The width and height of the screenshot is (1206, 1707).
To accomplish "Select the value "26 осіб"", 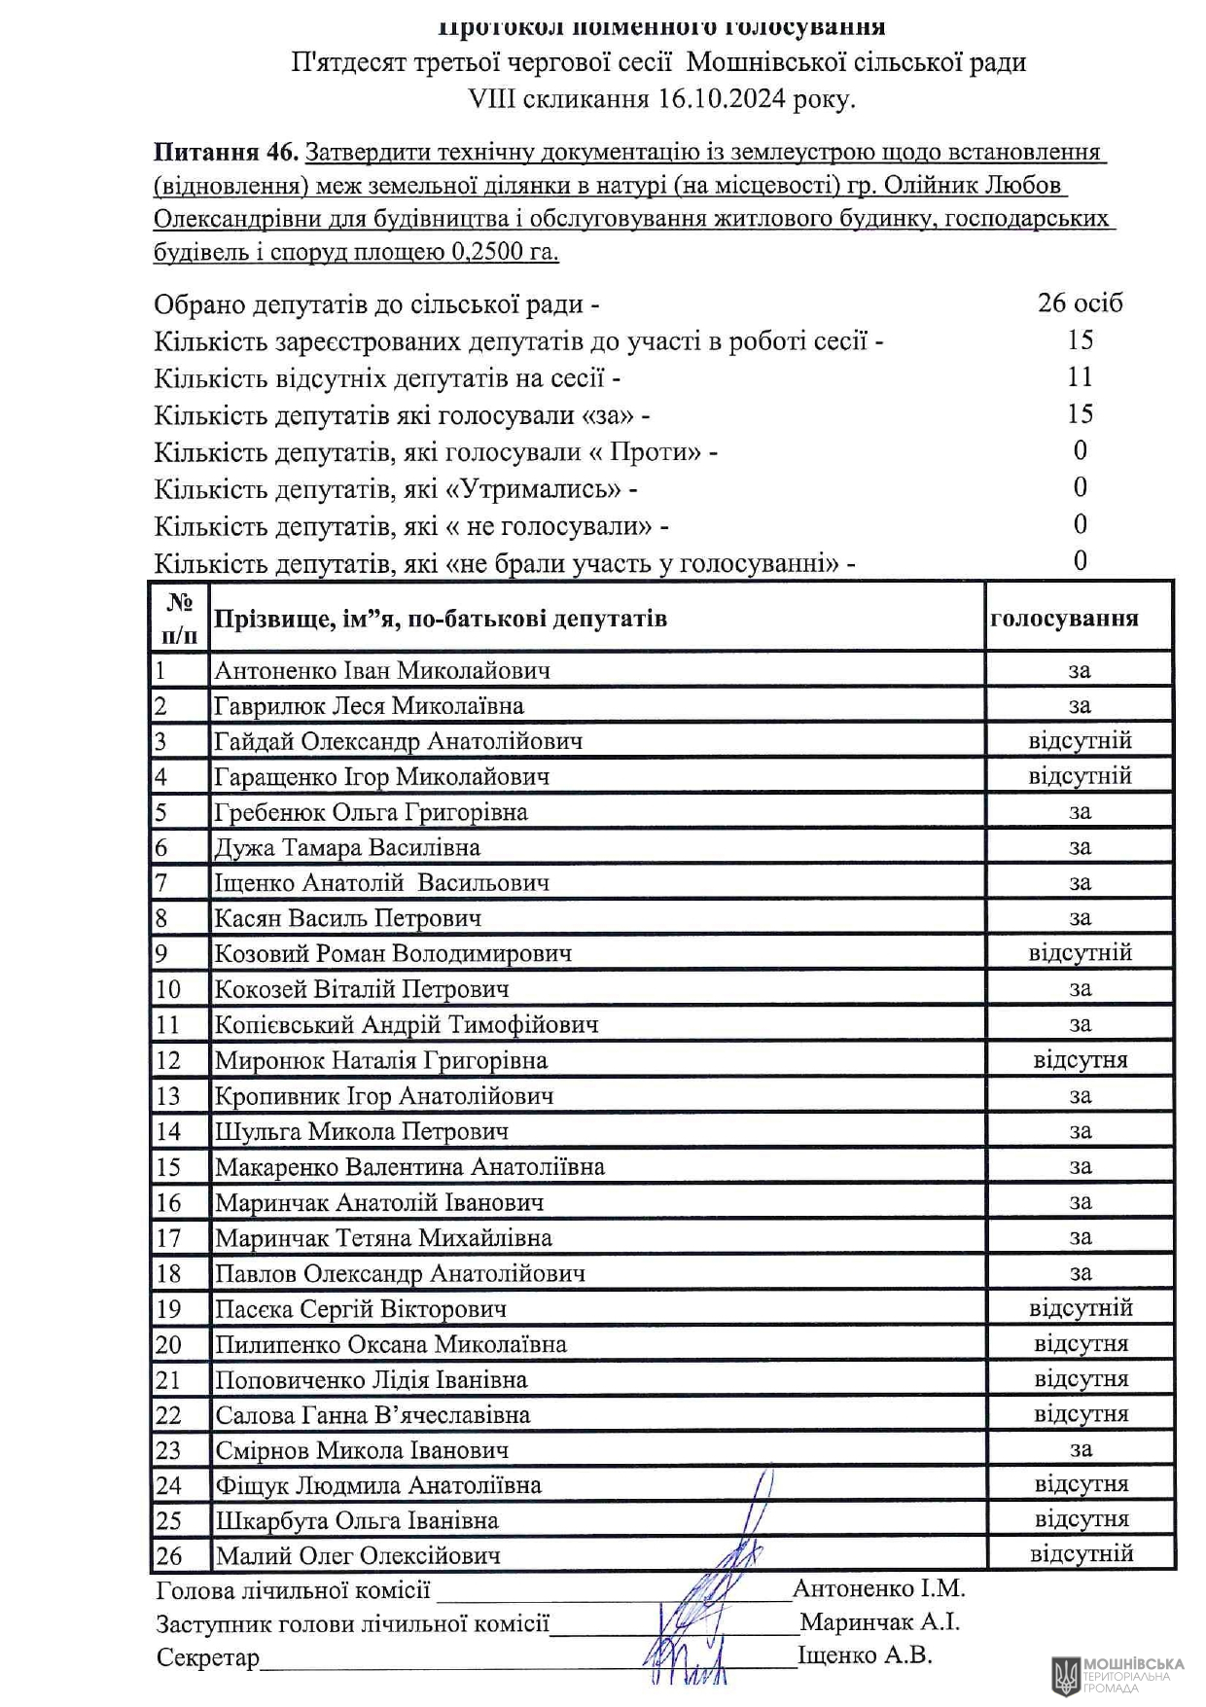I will coord(1080,302).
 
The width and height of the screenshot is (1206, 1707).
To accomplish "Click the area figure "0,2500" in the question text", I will coord(487,252).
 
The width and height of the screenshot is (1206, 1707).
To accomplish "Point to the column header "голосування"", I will coord(1064,619).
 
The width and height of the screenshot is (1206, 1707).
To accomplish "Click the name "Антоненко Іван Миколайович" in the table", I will coord(381,670).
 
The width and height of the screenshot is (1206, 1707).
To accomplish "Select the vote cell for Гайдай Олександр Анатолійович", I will coord(1080,741).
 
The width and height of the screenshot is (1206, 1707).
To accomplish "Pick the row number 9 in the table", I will coord(162,953).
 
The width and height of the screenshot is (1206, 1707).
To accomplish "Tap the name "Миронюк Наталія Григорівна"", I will coord(380,1060).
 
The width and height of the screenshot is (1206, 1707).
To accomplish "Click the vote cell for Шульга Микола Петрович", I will coord(1080,1131).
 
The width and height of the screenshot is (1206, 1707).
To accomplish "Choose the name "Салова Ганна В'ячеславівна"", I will coord(372,1414).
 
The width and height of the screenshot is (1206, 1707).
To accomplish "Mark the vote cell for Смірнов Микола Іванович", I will coord(1080,1449).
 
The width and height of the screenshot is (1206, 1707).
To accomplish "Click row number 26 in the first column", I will coord(169,1555).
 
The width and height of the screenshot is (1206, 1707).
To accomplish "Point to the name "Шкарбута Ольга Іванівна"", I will coord(356,1520).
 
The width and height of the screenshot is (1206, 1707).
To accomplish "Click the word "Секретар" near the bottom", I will coord(207,1656).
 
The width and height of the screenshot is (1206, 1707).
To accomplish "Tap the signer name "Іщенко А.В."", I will coord(865,1654).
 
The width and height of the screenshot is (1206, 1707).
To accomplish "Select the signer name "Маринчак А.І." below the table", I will coord(879,1621).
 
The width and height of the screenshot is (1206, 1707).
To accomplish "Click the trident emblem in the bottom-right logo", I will coord(1065,1675).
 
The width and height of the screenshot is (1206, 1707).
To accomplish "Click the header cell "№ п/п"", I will coord(180,619).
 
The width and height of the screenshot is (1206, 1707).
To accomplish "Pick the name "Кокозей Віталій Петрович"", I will coord(362,989).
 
